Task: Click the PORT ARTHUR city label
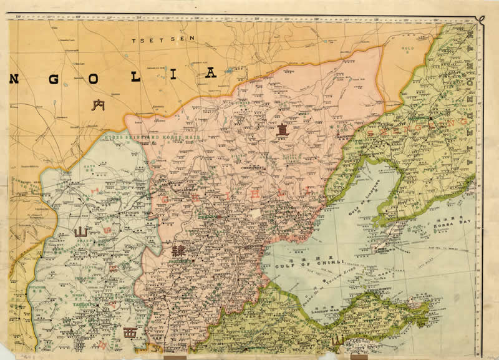click(x=382, y=246)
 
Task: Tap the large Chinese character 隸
click(x=179, y=252)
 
